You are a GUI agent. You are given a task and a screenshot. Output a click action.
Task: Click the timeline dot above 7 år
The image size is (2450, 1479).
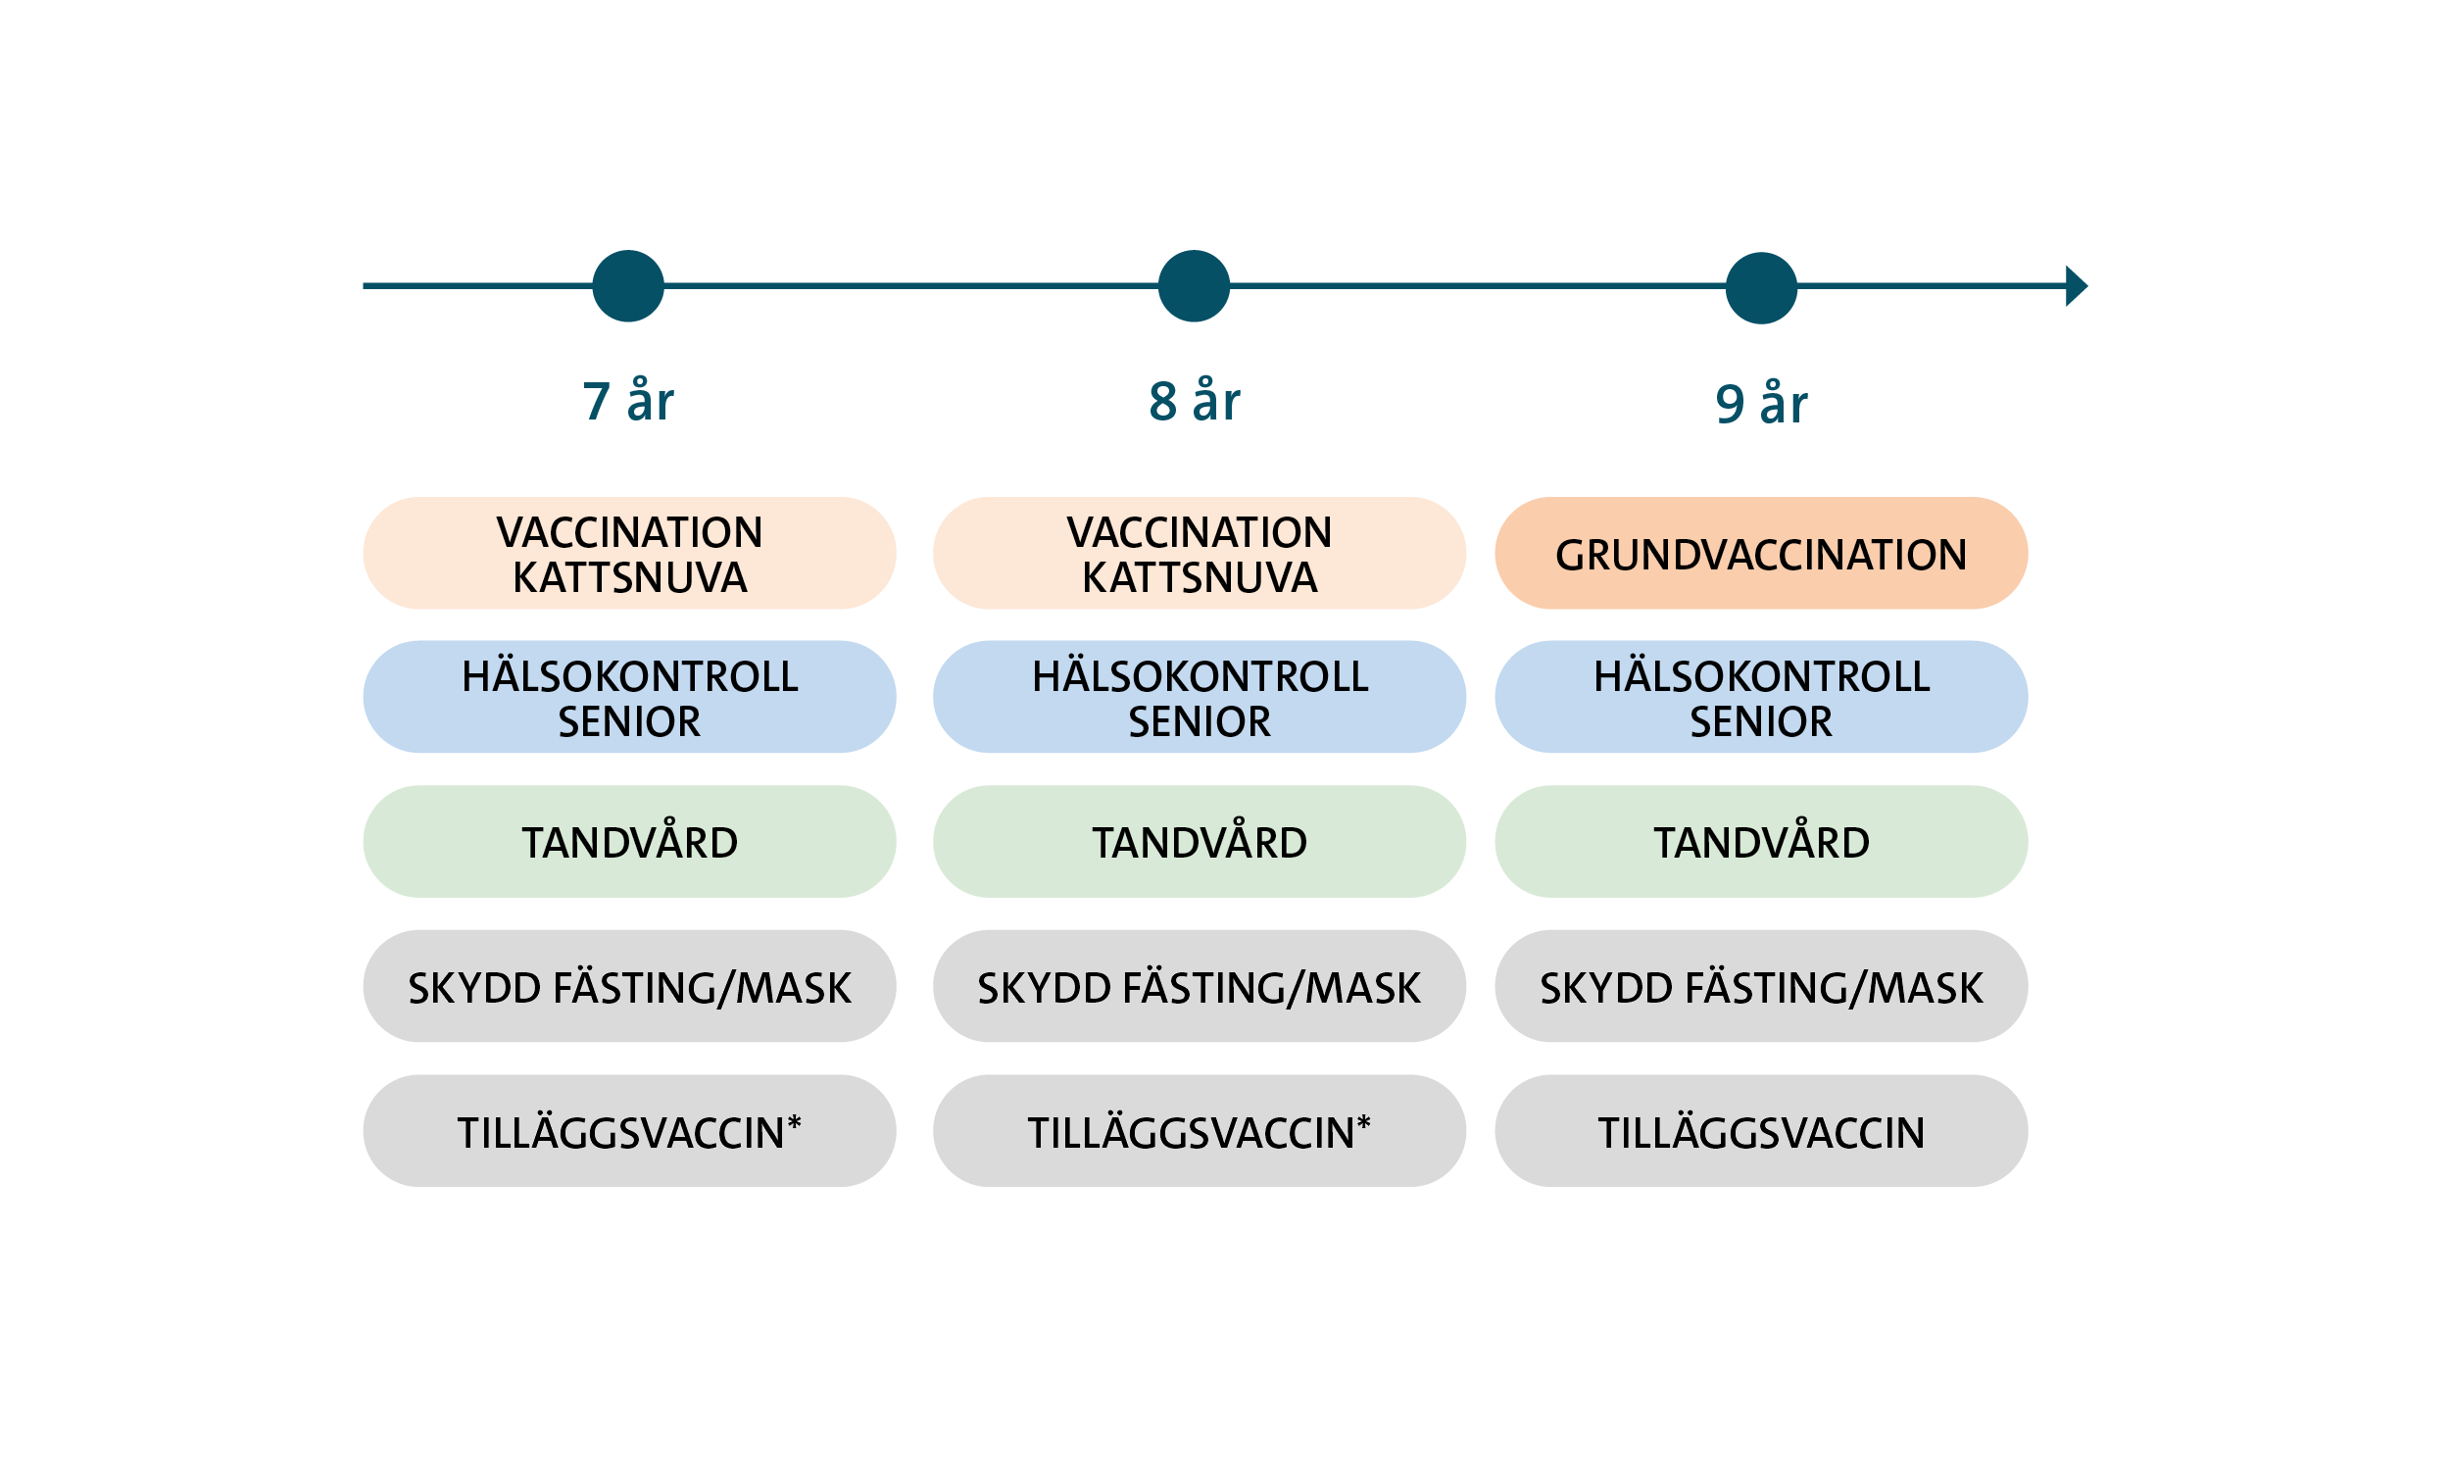coord(627,285)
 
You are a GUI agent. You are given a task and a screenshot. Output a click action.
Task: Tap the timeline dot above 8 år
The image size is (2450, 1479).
coord(1195,285)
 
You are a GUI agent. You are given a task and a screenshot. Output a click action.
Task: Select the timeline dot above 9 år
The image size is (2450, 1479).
coord(1761,287)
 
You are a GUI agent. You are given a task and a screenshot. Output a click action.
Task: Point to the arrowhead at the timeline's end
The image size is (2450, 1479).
coord(2077,285)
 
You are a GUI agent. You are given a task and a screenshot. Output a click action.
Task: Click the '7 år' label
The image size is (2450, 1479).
coord(627,402)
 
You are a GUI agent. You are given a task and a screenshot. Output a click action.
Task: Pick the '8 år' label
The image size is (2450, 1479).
coord(1195,402)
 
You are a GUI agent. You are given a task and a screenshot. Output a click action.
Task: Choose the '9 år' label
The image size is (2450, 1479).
coord(1761,404)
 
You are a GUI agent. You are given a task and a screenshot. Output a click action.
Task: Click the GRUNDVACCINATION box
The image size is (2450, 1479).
coord(1761,553)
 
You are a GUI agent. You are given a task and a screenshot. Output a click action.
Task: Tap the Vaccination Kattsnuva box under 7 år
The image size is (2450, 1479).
coord(629,553)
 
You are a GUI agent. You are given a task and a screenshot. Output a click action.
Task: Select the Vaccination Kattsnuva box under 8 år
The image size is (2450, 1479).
coord(1200,553)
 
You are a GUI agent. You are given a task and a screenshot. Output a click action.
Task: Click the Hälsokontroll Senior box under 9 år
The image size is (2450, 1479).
coord(1761,696)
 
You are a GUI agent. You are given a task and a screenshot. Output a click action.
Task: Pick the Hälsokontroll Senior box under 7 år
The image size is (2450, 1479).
coord(629,696)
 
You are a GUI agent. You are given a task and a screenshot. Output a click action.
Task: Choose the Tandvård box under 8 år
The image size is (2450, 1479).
coord(1200,842)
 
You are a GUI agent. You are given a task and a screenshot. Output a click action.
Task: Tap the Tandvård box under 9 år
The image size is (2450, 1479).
coord(1761,842)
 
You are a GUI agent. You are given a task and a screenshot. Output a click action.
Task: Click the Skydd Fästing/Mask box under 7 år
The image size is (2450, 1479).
coord(629,987)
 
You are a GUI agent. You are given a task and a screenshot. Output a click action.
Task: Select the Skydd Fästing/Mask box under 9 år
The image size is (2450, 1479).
coord(1761,987)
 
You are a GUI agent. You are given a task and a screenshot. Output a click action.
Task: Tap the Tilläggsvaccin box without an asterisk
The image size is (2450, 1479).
coord(1761,1131)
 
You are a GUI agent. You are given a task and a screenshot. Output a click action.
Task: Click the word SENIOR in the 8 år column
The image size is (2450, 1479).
coord(1200,721)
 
